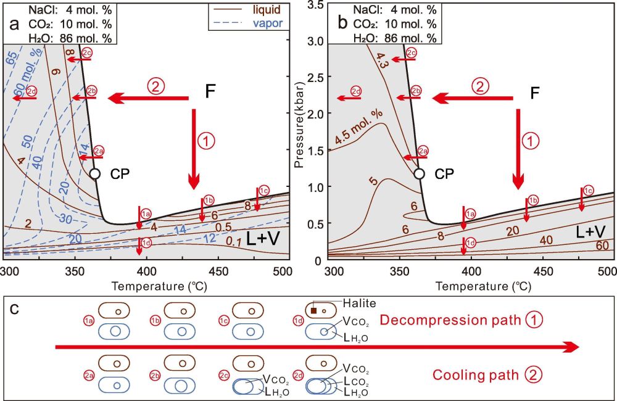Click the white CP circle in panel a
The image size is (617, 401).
(x=95, y=174)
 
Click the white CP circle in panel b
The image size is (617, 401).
(x=419, y=174)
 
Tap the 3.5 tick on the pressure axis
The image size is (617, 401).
(x=318, y=6)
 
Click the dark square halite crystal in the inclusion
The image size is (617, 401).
(x=313, y=311)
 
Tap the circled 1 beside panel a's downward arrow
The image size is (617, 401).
(x=208, y=141)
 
